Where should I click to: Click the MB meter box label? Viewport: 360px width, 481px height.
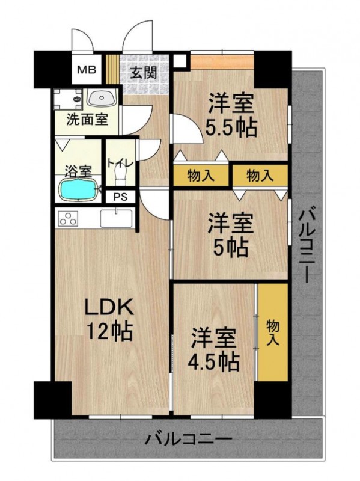coord(86,70)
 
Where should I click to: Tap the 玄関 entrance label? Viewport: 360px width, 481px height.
coord(144,72)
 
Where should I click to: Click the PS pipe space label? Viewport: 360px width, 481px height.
coord(121,197)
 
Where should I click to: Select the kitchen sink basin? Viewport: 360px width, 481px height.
coord(117,218)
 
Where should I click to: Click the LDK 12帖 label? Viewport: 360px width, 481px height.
coord(109,319)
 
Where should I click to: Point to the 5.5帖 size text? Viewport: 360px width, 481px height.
coord(231,127)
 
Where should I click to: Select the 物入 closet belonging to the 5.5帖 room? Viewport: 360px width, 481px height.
coord(201,176)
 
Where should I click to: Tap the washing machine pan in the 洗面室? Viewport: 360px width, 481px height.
coord(68,99)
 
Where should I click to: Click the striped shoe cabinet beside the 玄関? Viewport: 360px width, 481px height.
coord(112,69)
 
